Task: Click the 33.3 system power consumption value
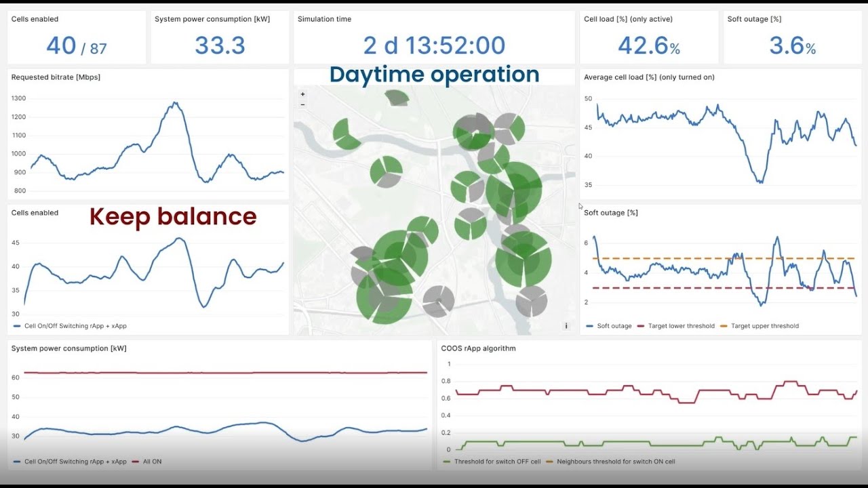point(220,45)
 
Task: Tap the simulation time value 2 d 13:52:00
point(434,45)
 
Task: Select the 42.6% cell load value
point(648,45)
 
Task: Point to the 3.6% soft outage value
point(792,45)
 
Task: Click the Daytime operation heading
point(434,75)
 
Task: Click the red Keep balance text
point(173,216)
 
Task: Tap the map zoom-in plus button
point(302,95)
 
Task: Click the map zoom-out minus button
point(302,104)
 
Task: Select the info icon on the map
point(566,326)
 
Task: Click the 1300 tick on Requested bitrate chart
point(18,98)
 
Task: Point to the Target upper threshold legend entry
point(764,326)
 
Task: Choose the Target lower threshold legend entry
point(681,326)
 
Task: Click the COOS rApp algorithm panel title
point(478,348)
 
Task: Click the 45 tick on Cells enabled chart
point(16,243)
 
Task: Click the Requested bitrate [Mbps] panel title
point(56,77)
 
